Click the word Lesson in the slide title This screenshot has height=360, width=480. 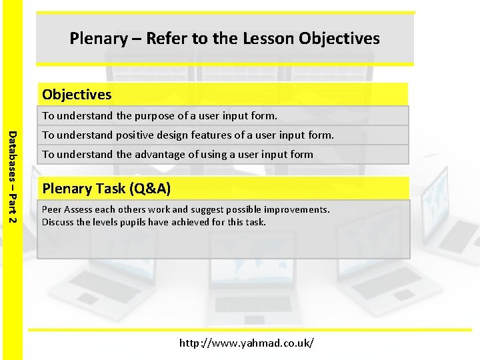click(270, 39)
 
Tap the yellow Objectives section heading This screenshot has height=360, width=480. click(77, 95)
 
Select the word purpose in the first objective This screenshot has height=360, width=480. click(157, 116)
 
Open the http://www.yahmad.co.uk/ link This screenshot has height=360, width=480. click(246, 343)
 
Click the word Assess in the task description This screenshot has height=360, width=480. click(79, 209)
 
